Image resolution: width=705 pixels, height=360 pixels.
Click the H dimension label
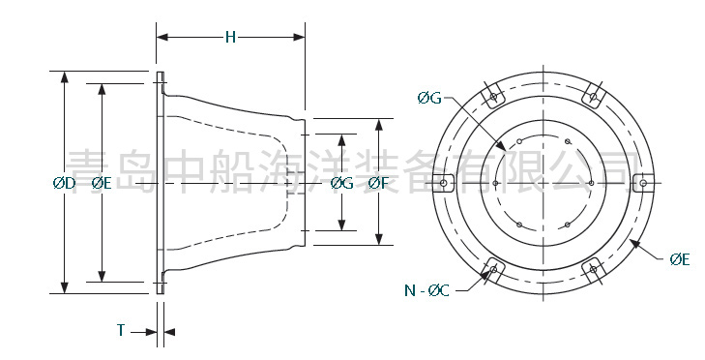pyautogui.click(x=231, y=38)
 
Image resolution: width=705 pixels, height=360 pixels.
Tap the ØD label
pyautogui.click(x=64, y=183)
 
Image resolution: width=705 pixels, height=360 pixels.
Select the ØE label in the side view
pyautogui.click(x=102, y=183)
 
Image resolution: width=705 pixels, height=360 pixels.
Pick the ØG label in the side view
pyautogui.click(x=342, y=183)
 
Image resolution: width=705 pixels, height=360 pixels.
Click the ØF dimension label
pyautogui.click(x=378, y=183)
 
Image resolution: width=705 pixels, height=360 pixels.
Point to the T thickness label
pyautogui.click(x=121, y=330)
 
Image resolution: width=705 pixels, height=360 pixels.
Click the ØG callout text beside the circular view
pyautogui.click(x=429, y=98)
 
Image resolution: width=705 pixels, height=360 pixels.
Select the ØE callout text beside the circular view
pyautogui.click(x=679, y=259)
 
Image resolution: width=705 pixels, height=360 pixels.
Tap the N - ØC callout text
pyautogui.click(x=426, y=290)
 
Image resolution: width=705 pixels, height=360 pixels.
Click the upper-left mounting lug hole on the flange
pyautogui.click(x=493, y=97)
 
